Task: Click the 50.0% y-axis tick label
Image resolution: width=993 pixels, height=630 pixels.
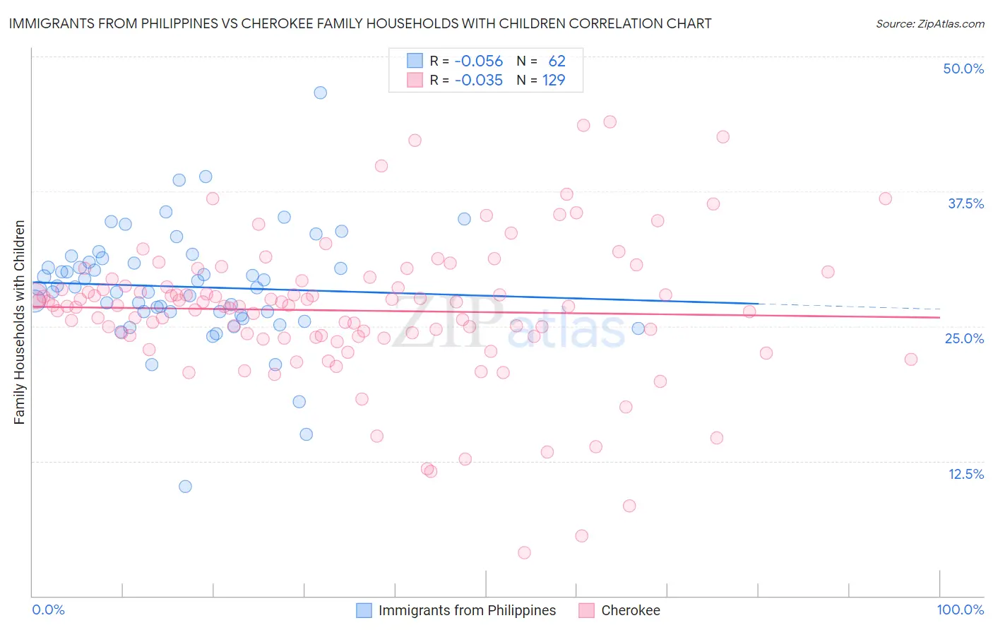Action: pos(963,69)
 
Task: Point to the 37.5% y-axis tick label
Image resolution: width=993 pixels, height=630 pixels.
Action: pos(965,203)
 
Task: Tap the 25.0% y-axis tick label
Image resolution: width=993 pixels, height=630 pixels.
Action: pos(964,338)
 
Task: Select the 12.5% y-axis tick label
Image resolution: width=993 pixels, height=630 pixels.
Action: pos(965,474)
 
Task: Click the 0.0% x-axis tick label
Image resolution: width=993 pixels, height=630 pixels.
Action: pos(48,610)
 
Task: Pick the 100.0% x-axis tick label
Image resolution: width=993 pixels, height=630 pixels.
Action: pos(960,610)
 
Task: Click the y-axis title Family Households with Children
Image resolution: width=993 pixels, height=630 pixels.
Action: pos(19,322)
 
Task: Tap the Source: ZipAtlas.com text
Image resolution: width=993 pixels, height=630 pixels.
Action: pos(929,23)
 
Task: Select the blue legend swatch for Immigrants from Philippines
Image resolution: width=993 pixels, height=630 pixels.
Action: pos(364,610)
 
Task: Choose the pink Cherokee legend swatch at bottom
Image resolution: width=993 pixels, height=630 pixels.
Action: pos(586,610)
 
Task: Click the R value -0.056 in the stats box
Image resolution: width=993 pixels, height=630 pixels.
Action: pos(478,61)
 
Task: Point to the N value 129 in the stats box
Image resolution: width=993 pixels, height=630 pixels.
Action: pos(554,81)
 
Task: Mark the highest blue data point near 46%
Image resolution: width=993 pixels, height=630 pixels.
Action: pos(320,93)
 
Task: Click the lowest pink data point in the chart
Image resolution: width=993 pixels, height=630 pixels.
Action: pos(524,552)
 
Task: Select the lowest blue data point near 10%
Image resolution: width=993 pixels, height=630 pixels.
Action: pos(185,486)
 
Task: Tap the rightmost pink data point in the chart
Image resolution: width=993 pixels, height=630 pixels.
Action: pos(911,359)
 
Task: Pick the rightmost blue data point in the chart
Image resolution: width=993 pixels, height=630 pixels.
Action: pos(638,328)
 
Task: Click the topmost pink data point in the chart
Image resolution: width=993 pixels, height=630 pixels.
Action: pos(610,121)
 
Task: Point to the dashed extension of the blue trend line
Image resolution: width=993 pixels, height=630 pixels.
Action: pos(848,307)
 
